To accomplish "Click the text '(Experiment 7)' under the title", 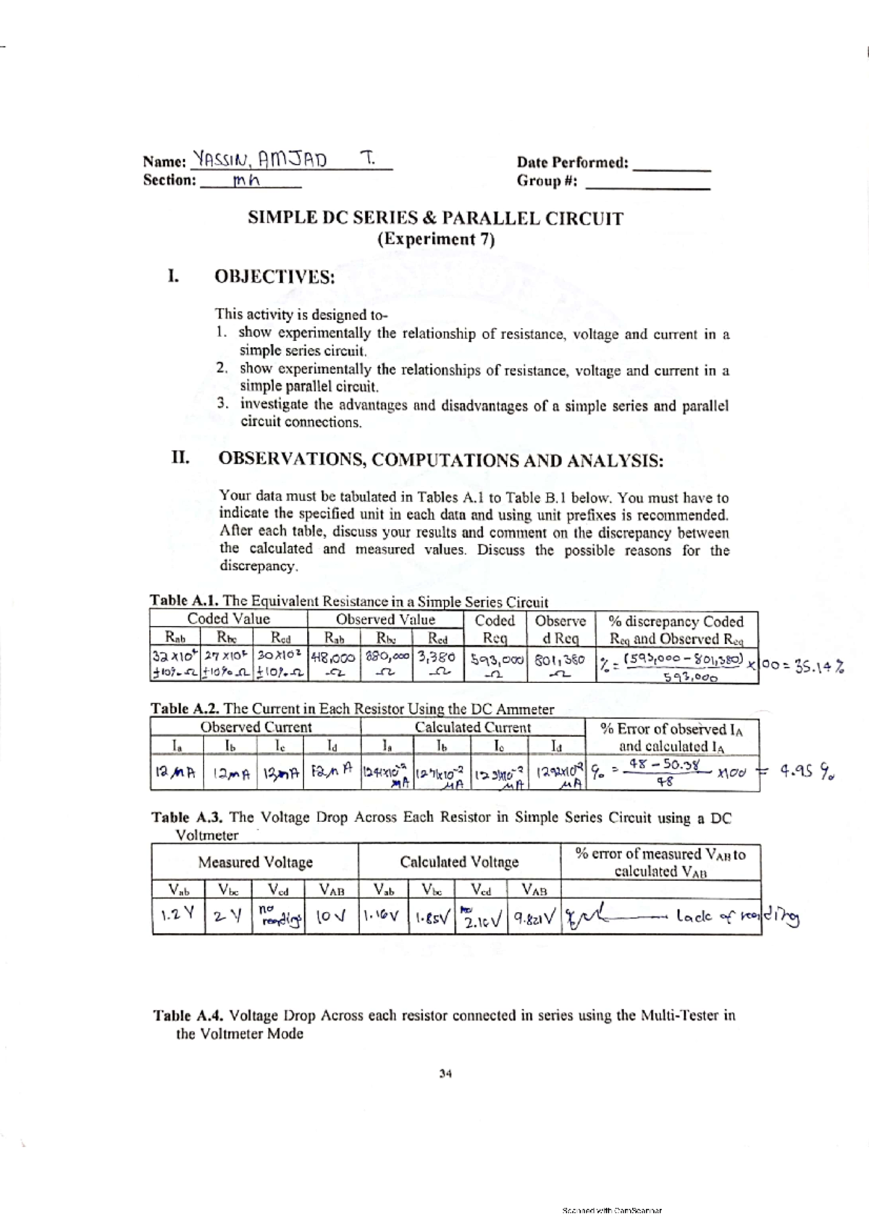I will (x=436, y=239).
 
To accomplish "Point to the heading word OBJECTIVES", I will (x=274, y=277).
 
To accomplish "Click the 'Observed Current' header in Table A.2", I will (x=256, y=727).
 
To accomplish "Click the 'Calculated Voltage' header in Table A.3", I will (x=459, y=862).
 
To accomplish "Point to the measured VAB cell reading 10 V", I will (x=331, y=917).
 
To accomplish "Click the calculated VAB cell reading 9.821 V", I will (x=534, y=918).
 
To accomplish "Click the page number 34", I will (x=445, y=1074).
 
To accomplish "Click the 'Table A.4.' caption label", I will (x=189, y=1016).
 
